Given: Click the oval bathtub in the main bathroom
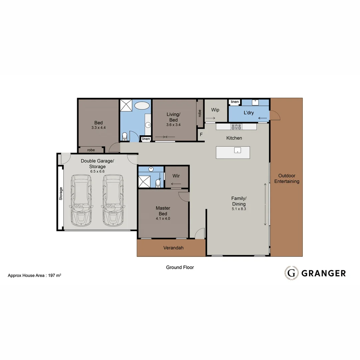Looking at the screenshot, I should click(x=142, y=106).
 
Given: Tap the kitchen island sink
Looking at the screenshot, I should click(x=238, y=150).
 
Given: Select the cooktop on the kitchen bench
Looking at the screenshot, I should click(x=236, y=126).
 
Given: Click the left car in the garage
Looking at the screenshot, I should click(x=81, y=201).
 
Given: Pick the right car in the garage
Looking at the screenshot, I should click(x=113, y=201).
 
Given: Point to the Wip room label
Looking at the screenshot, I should click(x=215, y=110).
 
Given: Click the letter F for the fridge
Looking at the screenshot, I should click(x=201, y=135).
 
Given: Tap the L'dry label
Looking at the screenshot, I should click(x=249, y=113).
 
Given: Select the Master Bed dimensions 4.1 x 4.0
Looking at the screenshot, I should click(x=163, y=219).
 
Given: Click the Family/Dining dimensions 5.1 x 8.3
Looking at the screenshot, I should click(x=239, y=209).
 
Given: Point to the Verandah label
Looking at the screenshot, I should click(x=173, y=248).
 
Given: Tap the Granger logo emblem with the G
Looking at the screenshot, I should click(x=291, y=273).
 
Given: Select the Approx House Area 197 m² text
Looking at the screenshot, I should click(x=34, y=276).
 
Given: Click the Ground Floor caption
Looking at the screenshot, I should click(x=180, y=267).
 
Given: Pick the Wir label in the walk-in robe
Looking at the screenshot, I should click(x=176, y=176).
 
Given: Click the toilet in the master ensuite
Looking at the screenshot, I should click(x=158, y=183).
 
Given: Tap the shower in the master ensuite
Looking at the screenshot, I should click(x=144, y=182).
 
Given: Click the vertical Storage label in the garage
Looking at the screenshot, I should click(x=61, y=193).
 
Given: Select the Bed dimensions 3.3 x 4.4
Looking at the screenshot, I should click(x=98, y=128).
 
